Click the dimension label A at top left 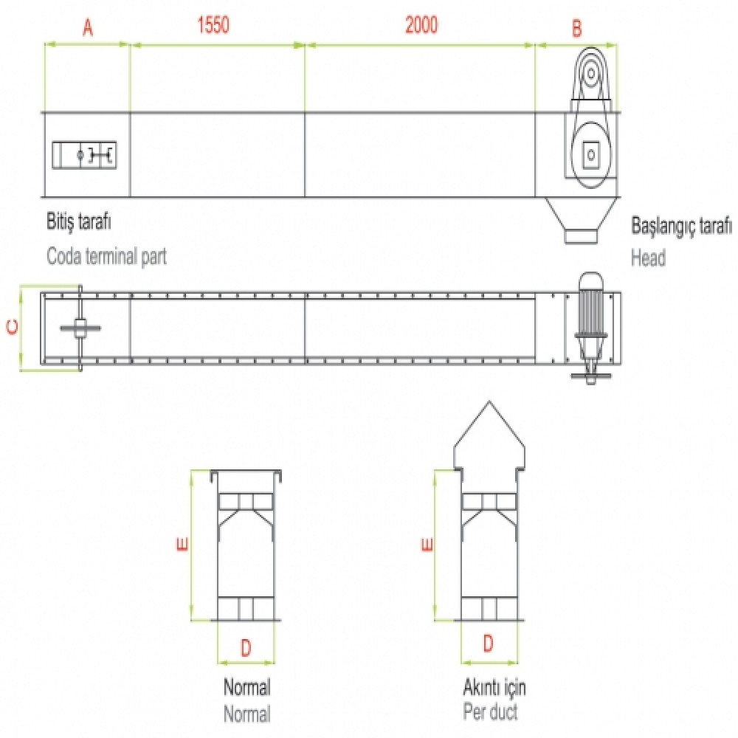[88, 28]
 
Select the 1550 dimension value [213, 25]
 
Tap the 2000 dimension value [421, 25]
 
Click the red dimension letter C [13, 327]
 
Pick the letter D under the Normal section [246, 648]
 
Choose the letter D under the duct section [488, 643]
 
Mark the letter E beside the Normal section [182, 544]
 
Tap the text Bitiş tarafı [79, 221]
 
